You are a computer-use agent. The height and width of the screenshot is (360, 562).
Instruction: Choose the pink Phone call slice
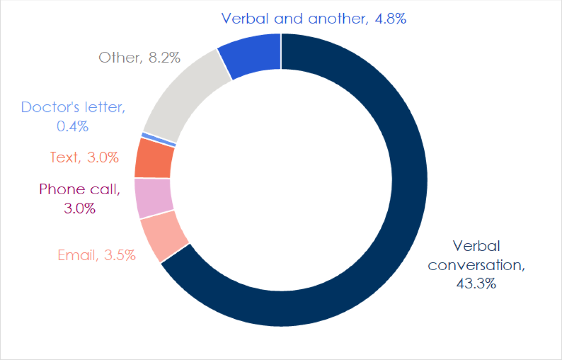click(154, 198)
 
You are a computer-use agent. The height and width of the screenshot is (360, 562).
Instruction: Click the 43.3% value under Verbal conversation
click(476, 284)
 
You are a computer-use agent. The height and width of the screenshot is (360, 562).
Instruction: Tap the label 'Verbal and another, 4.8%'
click(313, 18)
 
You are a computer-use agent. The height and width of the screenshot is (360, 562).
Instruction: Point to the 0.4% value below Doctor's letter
click(73, 126)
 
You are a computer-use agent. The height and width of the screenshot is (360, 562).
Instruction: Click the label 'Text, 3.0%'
click(84, 158)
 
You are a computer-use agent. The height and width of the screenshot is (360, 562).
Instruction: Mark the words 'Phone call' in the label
click(80, 190)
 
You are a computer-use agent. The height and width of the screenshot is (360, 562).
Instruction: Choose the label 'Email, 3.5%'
click(97, 256)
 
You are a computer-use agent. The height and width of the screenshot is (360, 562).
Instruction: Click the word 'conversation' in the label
click(476, 265)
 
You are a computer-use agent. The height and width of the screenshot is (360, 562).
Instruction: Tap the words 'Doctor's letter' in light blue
click(73, 107)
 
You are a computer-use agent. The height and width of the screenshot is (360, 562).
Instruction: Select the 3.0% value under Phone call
click(80, 208)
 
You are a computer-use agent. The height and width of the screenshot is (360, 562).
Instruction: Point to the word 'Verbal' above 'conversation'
click(476, 246)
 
